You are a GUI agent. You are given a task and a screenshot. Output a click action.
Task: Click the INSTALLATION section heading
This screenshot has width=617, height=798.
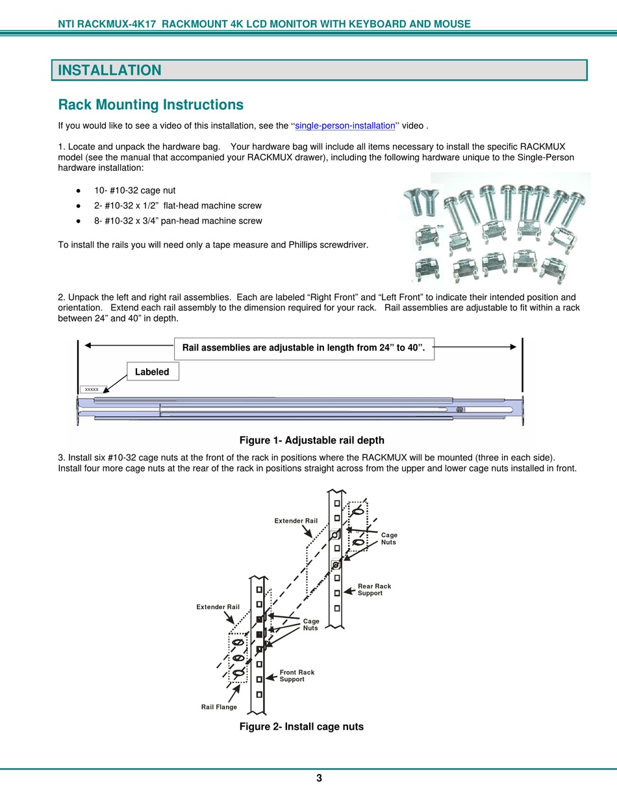(110, 70)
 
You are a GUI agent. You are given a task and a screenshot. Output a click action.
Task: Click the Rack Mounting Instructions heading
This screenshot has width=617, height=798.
(151, 105)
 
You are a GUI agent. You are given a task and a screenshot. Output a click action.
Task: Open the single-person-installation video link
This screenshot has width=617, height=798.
(345, 126)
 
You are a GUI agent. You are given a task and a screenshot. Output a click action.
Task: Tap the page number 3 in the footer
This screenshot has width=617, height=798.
(319, 779)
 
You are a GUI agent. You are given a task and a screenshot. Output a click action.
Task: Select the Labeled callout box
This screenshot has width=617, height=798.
(152, 372)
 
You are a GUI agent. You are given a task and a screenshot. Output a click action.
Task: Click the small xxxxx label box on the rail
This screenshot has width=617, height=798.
(92, 389)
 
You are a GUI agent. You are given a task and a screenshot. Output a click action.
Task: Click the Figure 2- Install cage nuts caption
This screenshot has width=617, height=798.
(301, 727)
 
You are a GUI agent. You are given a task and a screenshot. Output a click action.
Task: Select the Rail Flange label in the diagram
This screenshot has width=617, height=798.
(219, 707)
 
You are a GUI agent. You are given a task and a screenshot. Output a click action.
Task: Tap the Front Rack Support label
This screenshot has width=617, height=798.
(297, 676)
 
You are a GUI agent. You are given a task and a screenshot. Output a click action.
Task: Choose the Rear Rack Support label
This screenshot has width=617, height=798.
(375, 590)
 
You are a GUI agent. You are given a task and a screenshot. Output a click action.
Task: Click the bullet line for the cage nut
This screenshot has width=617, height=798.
(134, 190)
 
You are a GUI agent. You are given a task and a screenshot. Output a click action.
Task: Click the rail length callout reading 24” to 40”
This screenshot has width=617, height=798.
(304, 348)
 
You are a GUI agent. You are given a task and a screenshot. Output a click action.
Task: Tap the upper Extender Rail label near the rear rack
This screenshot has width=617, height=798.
(296, 521)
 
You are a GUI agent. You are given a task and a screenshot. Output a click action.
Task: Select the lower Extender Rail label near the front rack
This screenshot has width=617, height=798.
(218, 607)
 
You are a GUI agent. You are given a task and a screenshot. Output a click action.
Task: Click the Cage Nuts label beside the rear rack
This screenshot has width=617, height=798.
(389, 538)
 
